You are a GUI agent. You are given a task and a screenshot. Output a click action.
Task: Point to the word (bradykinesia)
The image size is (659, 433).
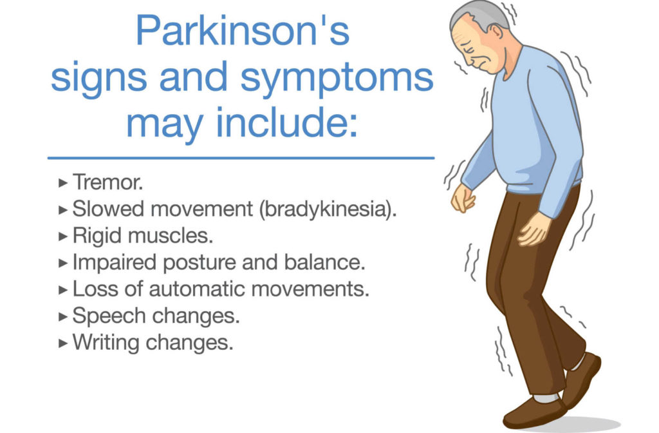(x=328, y=209)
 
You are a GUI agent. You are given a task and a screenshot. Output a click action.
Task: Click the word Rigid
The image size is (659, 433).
(x=97, y=236)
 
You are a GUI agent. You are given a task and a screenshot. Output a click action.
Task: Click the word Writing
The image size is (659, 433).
(x=106, y=343)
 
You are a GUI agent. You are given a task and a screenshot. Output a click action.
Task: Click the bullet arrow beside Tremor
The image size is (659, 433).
(x=63, y=183)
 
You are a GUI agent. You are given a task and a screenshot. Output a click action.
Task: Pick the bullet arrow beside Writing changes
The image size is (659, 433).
(x=63, y=343)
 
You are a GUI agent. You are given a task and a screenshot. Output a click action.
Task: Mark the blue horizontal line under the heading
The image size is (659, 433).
(x=241, y=159)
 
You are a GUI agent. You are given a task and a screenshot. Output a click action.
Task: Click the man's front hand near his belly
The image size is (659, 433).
(x=462, y=198)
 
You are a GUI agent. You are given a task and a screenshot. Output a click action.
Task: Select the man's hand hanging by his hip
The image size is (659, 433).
(x=533, y=229)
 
